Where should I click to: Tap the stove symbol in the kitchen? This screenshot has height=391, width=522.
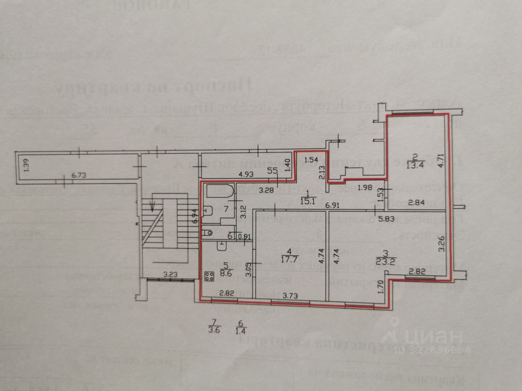pos(210,277)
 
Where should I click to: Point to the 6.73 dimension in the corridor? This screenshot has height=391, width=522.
pos(80,176)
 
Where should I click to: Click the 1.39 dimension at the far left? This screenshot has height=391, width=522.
pos(25,167)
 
